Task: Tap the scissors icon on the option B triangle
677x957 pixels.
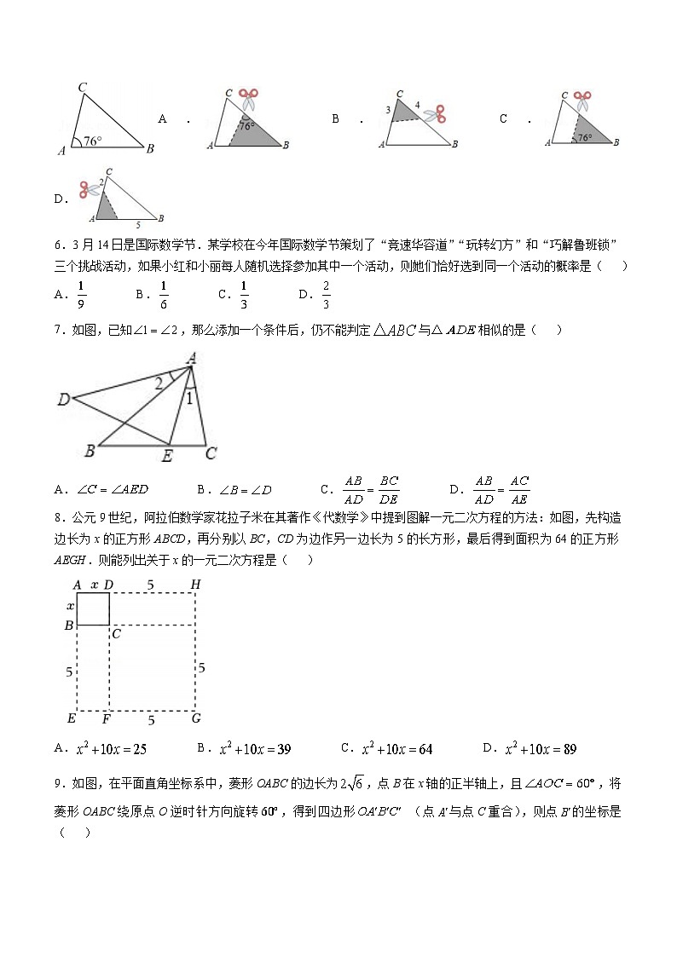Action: pyautogui.click(x=437, y=114)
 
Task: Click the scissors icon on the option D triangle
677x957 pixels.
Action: pyautogui.click(x=89, y=189)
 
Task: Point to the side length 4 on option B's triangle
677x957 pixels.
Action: pyautogui.click(x=417, y=105)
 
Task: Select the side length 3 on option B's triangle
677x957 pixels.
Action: pyautogui.click(x=387, y=110)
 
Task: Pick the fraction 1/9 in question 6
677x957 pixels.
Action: pyautogui.click(x=81, y=294)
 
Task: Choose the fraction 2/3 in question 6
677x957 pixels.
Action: pyautogui.click(x=326, y=294)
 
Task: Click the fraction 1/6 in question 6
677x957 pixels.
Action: pyautogui.click(x=164, y=294)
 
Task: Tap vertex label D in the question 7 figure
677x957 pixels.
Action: pyautogui.click(x=64, y=399)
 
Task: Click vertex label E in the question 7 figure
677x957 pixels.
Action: pyautogui.click(x=167, y=457)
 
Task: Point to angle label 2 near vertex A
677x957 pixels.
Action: pyautogui.click(x=159, y=384)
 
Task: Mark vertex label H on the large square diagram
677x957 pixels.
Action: pyautogui.click(x=195, y=585)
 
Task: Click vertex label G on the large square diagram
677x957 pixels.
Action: pyautogui.click(x=196, y=718)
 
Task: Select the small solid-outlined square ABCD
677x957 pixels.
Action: pyautogui.click(x=93, y=609)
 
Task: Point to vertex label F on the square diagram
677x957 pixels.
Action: pyautogui.click(x=107, y=718)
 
